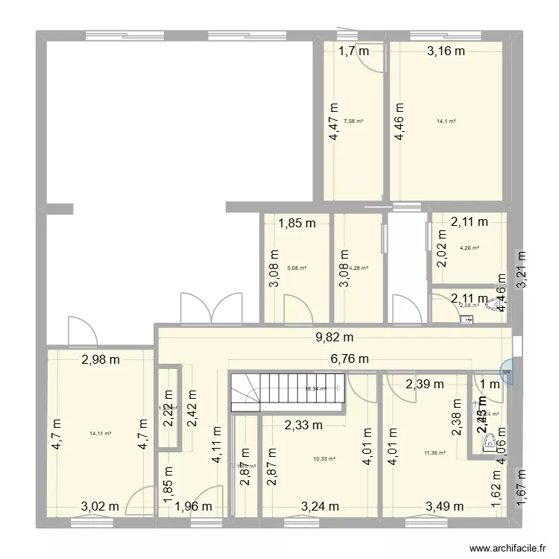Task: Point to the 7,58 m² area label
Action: [x=353, y=121]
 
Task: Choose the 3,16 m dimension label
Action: [x=446, y=51]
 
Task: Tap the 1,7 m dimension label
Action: [x=354, y=51]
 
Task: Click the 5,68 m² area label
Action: [x=297, y=268]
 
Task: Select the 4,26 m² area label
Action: [x=470, y=248]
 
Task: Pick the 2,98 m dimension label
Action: [x=101, y=360]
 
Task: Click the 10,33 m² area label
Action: [x=323, y=459]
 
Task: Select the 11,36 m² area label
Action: [x=435, y=452]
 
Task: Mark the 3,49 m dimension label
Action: [x=444, y=508]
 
